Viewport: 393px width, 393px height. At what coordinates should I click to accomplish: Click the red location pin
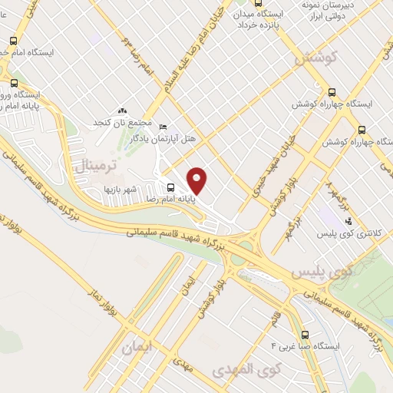coord(198,180)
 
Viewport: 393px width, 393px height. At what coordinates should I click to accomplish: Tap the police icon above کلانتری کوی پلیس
coord(348,220)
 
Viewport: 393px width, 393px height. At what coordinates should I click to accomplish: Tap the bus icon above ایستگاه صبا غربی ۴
coord(306,335)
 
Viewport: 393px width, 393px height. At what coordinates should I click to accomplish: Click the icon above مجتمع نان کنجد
coord(122,111)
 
